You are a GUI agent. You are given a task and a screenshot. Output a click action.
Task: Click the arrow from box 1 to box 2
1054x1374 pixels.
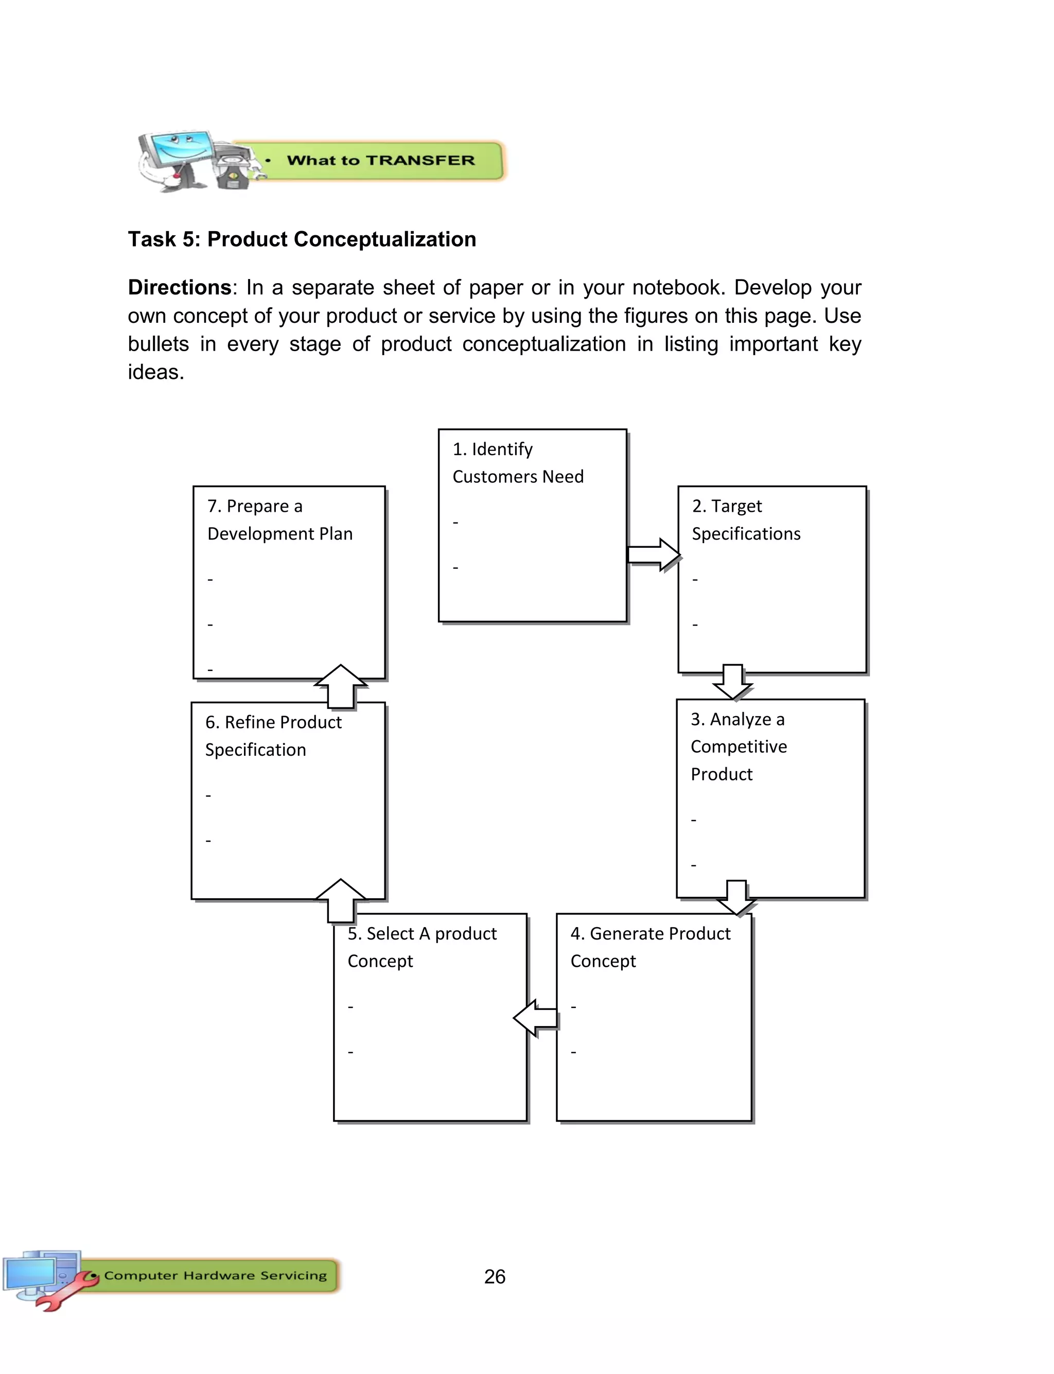tap(653, 554)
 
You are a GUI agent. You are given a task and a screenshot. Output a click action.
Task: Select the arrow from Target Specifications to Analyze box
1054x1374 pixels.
tap(732, 682)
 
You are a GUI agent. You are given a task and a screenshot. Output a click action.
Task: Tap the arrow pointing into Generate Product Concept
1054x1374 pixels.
tap(736, 898)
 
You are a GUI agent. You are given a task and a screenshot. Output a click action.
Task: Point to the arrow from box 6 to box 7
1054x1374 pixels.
tap(341, 686)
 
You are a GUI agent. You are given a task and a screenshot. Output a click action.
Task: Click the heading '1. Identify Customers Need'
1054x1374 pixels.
tap(518, 463)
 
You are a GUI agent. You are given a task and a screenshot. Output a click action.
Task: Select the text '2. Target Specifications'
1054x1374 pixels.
tap(745, 519)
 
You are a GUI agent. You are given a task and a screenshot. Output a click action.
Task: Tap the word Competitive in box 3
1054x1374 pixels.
tap(739, 746)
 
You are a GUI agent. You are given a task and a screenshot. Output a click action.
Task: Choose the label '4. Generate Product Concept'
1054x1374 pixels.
tap(650, 947)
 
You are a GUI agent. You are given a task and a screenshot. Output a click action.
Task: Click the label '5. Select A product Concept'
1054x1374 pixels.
tap(421, 947)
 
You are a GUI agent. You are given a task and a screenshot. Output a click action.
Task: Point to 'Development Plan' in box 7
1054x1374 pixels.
tap(280, 534)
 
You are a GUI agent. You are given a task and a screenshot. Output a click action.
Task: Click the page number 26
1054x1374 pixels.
tap(495, 1276)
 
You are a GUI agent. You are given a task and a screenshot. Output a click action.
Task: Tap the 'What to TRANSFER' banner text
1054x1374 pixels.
tap(380, 161)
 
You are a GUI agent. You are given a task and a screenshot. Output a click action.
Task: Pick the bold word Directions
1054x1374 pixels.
tap(180, 287)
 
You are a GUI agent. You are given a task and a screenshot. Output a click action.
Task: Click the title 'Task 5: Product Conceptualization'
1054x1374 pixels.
tap(302, 239)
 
